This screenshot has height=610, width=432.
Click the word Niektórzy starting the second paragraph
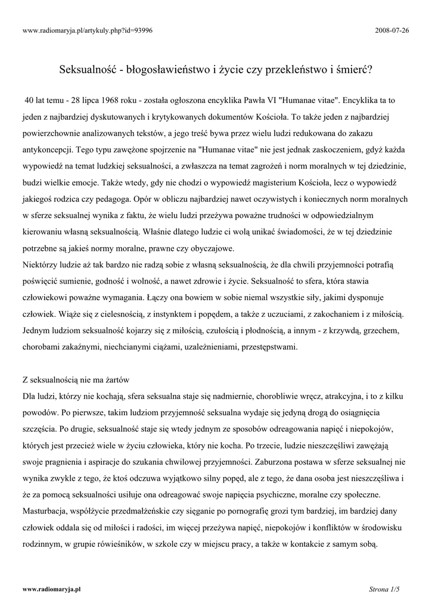pos(43,263)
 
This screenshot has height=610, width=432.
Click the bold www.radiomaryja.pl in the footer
pos(51,589)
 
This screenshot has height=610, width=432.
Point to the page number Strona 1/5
pos(384,589)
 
